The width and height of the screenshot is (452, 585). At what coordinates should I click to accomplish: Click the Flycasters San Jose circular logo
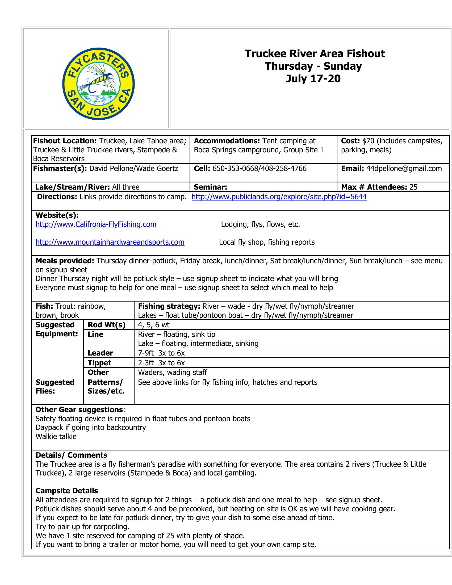[x=98, y=84]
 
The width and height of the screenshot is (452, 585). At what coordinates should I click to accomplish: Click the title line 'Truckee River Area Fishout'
[x=315, y=53]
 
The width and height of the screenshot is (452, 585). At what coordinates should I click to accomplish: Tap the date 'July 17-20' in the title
[x=313, y=78]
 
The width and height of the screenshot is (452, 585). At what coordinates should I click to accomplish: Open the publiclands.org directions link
[x=279, y=197]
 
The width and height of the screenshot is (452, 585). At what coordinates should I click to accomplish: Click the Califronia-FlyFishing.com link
[x=96, y=224]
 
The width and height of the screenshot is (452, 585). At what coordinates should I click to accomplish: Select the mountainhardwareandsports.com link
[x=110, y=242]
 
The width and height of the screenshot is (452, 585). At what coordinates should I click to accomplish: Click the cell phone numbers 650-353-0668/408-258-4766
[x=259, y=169]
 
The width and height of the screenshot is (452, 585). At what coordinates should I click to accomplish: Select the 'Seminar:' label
[x=210, y=187]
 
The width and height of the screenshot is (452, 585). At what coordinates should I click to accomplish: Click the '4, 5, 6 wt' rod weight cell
[x=154, y=325]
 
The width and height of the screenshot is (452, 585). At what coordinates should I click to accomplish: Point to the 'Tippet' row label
[x=99, y=363]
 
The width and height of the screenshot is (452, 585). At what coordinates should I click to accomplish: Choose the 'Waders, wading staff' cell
[x=173, y=372]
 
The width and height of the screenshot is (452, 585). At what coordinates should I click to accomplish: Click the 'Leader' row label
[x=100, y=353]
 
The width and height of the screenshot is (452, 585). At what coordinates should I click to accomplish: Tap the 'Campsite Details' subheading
[x=67, y=491]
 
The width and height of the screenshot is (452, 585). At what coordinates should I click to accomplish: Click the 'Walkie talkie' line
[x=56, y=436]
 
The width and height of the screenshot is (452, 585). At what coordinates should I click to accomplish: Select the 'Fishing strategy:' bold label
[x=169, y=306]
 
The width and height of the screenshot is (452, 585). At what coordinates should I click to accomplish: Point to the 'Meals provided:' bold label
[x=65, y=261]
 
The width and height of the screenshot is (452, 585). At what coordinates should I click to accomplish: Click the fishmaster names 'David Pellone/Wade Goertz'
[x=133, y=169]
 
